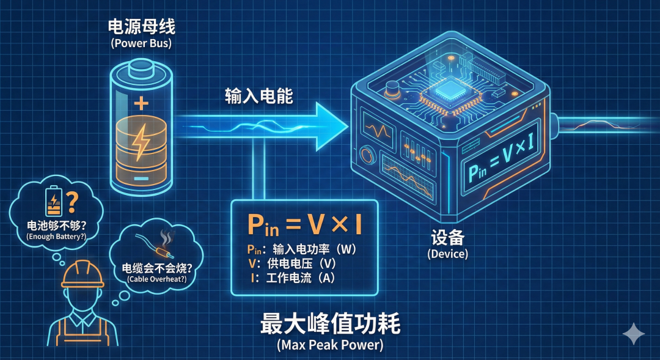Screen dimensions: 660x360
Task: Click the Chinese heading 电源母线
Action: tap(141, 26)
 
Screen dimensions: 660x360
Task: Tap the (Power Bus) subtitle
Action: tap(141, 43)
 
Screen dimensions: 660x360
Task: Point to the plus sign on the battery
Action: tap(141, 103)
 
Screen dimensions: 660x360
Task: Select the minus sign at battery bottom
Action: tap(141, 178)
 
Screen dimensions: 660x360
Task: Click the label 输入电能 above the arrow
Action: tap(258, 95)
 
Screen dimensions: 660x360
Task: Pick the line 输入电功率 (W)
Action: tap(302, 249)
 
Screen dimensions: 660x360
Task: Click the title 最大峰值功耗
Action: tap(330, 324)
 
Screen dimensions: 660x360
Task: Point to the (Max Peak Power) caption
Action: tap(330, 345)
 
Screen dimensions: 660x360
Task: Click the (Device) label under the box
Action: tap(447, 254)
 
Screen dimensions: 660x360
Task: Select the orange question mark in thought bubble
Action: tap(72, 202)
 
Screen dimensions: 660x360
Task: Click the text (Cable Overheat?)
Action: tap(157, 279)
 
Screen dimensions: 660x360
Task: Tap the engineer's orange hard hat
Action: tap(82, 274)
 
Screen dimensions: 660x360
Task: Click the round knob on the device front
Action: tap(367, 155)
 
